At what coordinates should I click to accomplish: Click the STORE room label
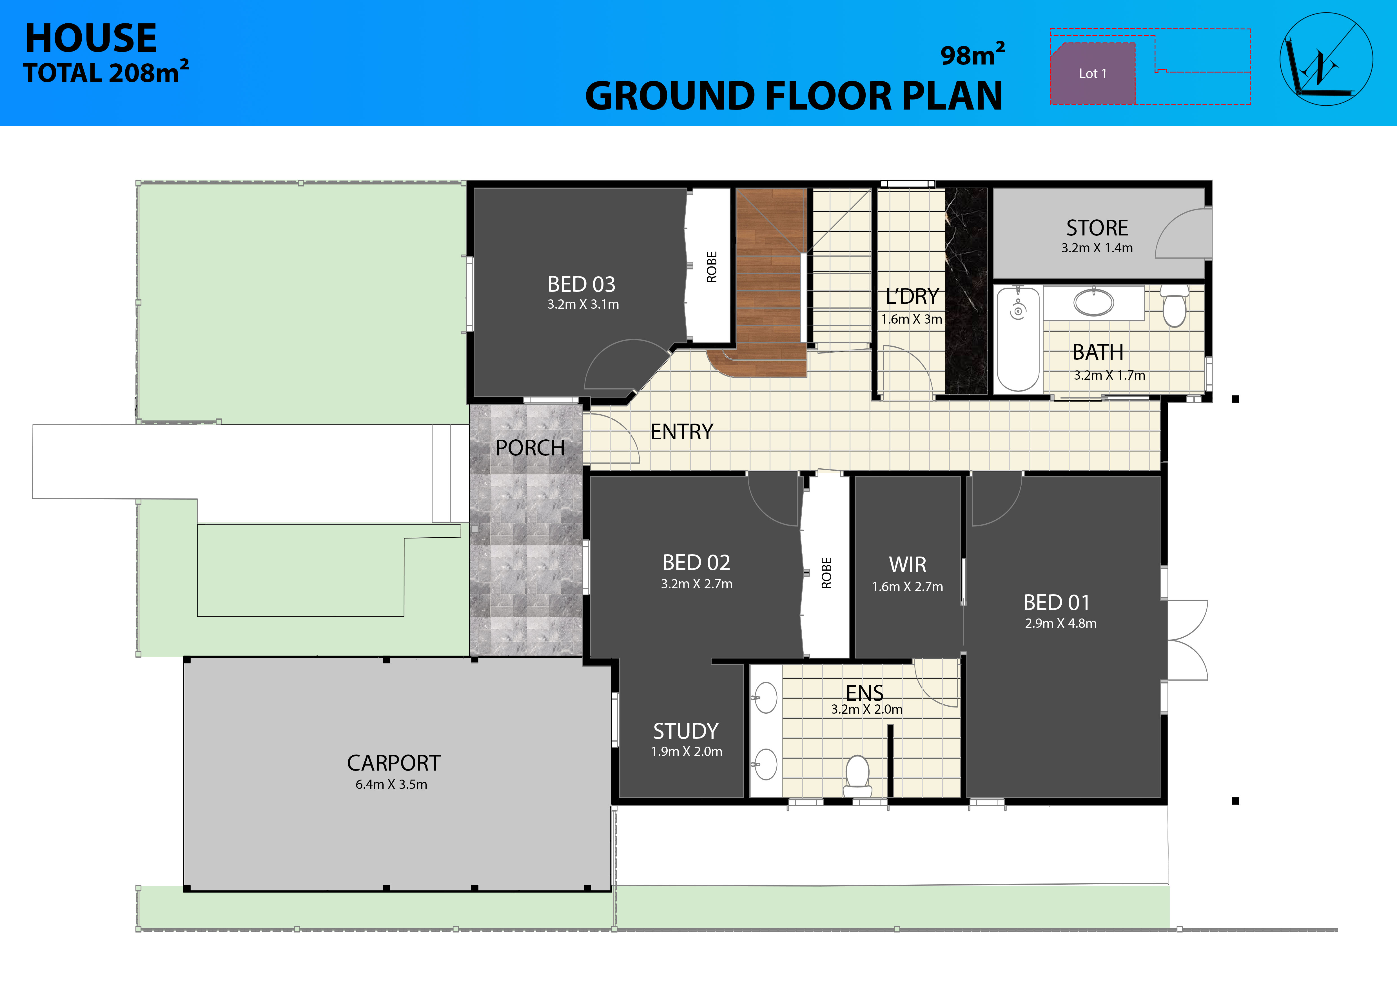coord(1097,228)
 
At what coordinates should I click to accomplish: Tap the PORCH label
coord(530,448)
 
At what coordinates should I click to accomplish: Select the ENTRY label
coord(681,432)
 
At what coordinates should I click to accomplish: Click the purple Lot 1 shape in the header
coord(1093,73)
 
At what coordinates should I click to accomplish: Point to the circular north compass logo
coord(1326,59)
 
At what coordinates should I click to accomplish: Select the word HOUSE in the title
coord(91,38)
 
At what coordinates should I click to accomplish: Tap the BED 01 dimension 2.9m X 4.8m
coord(1060,624)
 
